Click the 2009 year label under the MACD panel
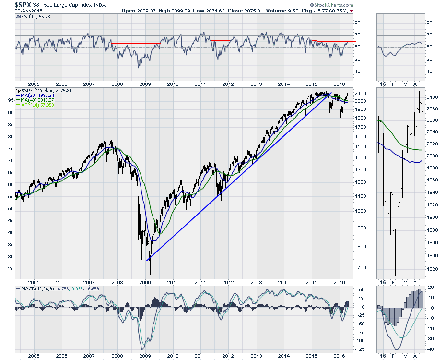[145, 356]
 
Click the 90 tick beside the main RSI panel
[357, 23]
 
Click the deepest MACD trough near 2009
[142, 348]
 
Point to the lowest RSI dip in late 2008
[139, 67]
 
